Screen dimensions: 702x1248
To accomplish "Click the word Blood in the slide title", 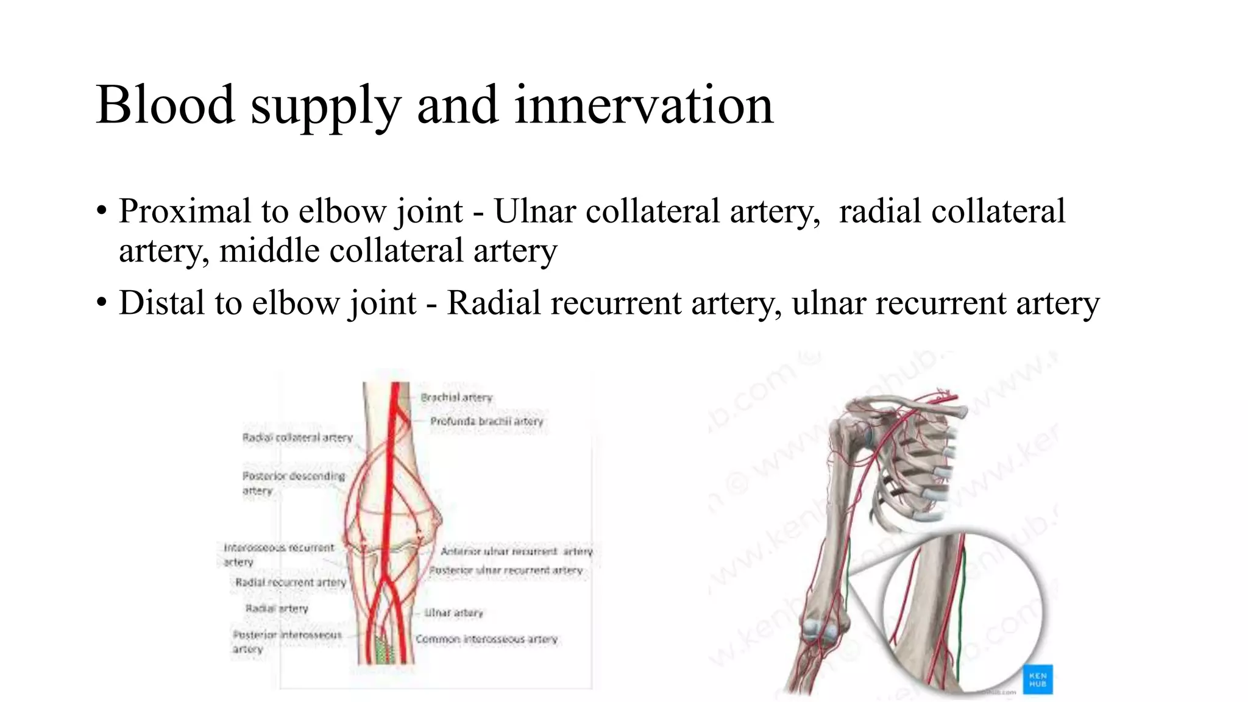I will pyautogui.click(x=165, y=105).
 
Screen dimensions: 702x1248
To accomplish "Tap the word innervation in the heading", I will pyautogui.click(x=643, y=105).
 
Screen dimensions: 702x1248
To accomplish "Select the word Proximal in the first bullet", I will pyautogui.click(x=185, y=211).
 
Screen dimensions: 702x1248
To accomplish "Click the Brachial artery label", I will pyautogui.click(x=456, y=397).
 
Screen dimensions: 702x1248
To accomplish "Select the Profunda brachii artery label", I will pyautogui.click(x=486, y=421).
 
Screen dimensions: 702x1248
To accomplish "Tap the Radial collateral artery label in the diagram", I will pyautogui.click(x=297, y=438).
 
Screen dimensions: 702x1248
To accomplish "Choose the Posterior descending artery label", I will pyautogui.click(x=293, y=483).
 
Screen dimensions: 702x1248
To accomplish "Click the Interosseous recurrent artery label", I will pyautogui.click(x=278, y=555).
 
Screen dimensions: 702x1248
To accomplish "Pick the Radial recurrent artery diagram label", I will pyautogui.click(x=290, y=583).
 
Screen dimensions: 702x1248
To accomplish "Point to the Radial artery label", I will pyautogui.click(x=277, y=608).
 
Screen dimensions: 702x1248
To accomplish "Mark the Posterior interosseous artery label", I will pyautogui.click(x=286, y=642).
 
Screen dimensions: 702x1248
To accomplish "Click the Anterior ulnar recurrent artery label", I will pyautogui.click(x=516, y=551).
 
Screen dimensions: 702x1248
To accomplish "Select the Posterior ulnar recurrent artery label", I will pyautogui.click(x=506, y=570).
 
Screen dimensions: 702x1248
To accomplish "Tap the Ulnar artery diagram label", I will pyautogui.click(x=453, y=612).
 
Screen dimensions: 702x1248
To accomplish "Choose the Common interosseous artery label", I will pyautogui.click(x=486, y=639).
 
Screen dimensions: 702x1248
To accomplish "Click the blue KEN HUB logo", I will pyautogui.click(x=1038, y=679).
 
